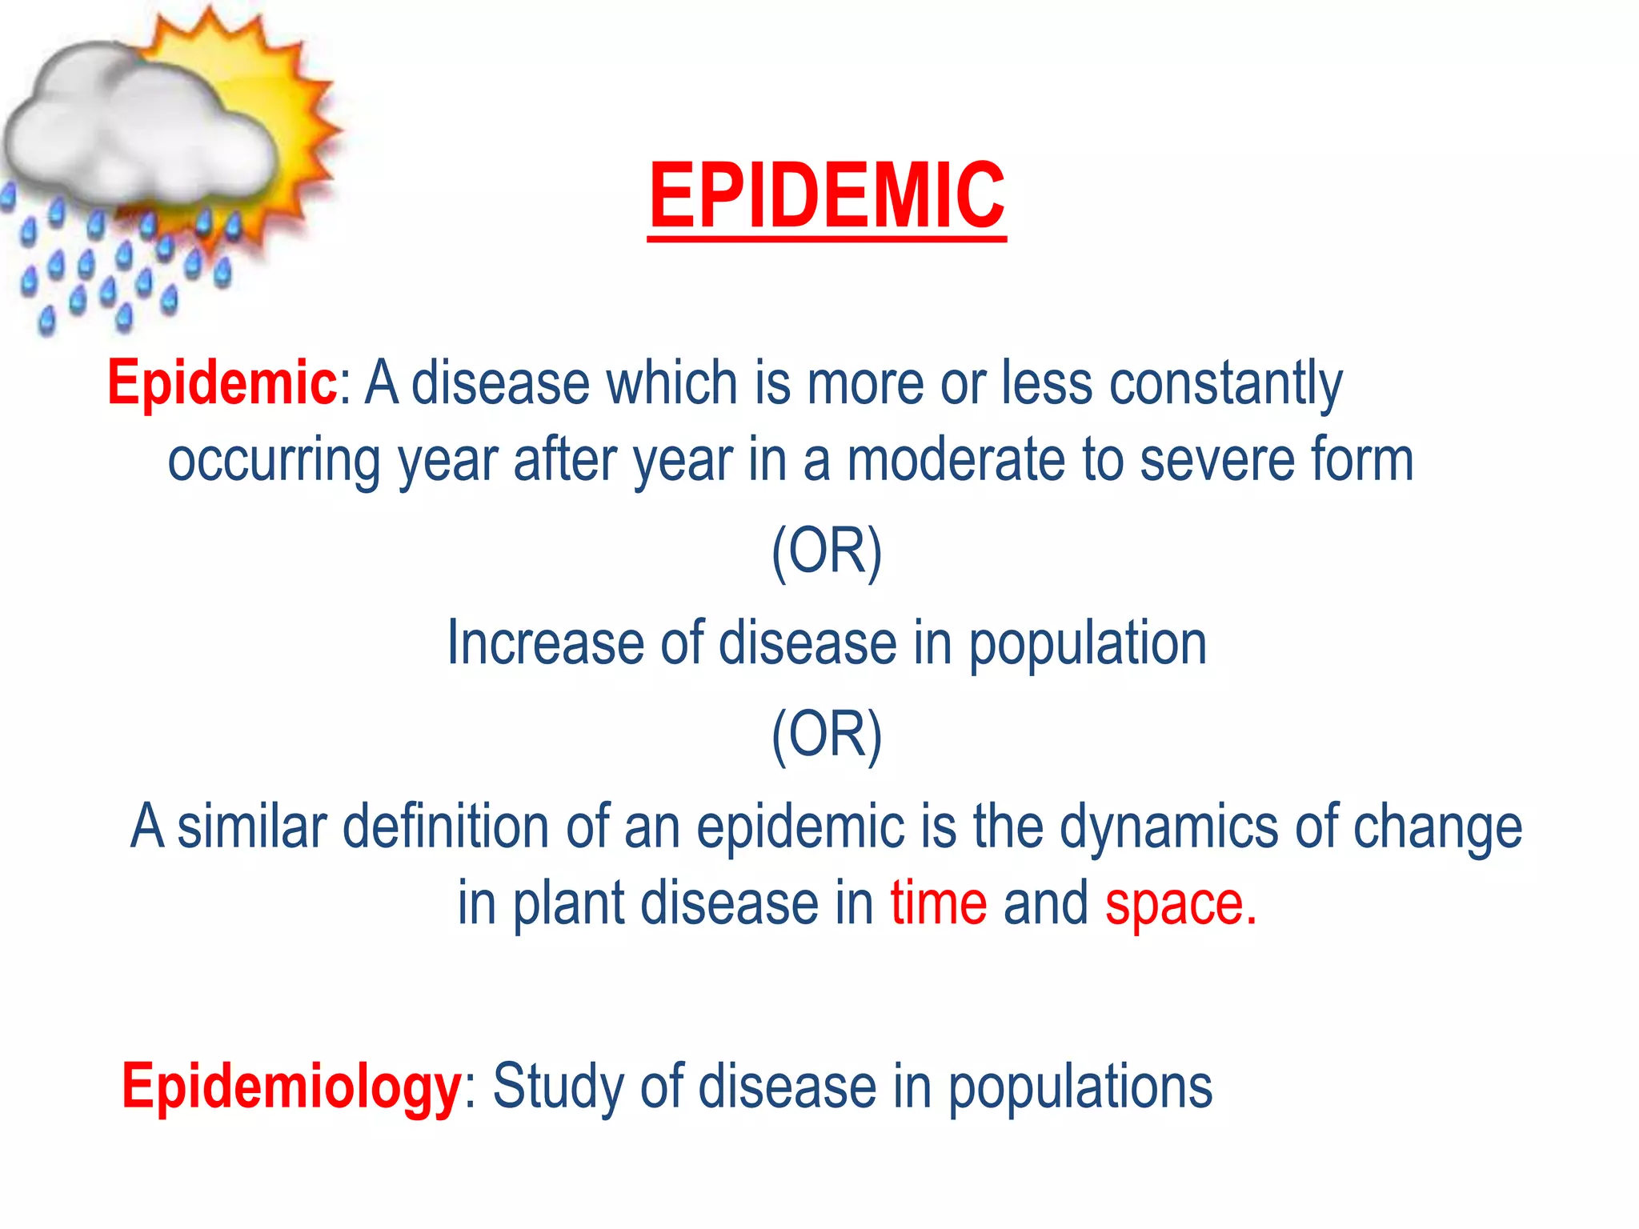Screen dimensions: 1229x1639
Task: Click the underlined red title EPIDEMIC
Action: click(x=826, y=196)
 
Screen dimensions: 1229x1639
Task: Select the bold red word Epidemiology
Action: click(x=291, y=1087)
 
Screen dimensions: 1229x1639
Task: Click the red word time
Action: click(x=939, y=903)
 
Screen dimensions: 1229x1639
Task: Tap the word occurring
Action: click(x=274, y=462)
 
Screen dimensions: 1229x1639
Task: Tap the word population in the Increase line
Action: click(x=1088, y=645)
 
